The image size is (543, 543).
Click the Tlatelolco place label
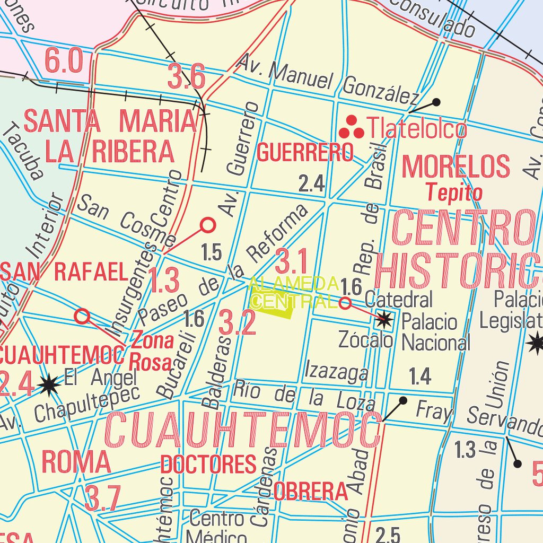coord(417,129)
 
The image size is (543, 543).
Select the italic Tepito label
coord(455,192)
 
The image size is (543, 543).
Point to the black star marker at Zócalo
coord(384,319)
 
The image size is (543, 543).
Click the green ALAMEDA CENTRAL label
coord(293,293)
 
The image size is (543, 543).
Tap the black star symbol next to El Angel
coord(49,385)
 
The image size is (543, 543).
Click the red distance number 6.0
coord(64,60)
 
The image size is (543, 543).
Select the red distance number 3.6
coord(186,77)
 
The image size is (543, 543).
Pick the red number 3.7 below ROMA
coord(103,498)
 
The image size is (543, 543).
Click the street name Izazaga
coord(336,371)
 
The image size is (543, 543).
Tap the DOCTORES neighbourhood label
coord(208,465)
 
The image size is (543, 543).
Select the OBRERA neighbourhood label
coord(311,492)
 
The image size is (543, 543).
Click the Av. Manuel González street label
coord(328,81)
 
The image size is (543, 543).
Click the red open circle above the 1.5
coord(208,225)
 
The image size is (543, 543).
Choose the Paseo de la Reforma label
coord(223,265)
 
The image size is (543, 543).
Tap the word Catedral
coord(399,299)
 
